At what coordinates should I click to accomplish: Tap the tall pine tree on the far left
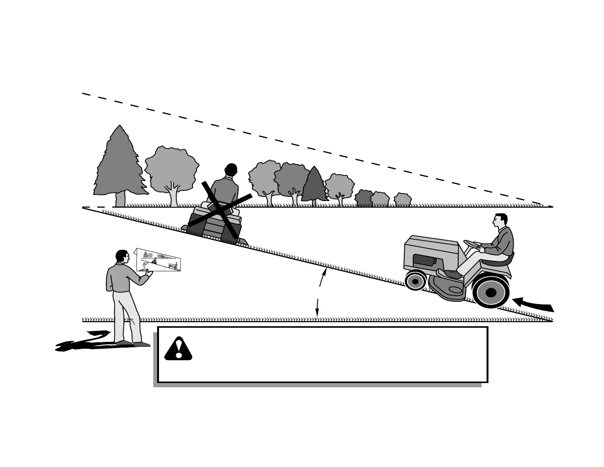(x=120, y=164)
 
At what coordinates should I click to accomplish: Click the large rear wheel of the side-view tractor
(x=491, y=292)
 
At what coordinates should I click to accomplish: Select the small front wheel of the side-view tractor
(x=415, y=281)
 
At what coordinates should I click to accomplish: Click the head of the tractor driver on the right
(x=500, y=221)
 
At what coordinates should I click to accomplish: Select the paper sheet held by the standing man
(x=158, y=260)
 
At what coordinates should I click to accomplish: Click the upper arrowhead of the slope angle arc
(x=324, y=272)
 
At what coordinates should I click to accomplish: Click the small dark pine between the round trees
(x=314, y=185)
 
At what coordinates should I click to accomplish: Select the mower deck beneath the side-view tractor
(x=448, y=288)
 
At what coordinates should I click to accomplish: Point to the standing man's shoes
(x=133, y=343)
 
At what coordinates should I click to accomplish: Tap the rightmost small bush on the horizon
(x=403, y=200)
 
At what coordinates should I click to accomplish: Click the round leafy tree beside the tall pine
(x=172, y=170)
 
